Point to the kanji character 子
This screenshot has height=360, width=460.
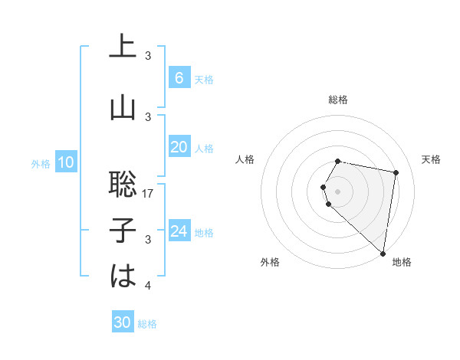[x=123, y=231]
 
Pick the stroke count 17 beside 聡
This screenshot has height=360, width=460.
[x=149, y=194]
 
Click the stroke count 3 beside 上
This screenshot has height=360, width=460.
[x=149, y=56]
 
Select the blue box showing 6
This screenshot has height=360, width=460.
[x=179, y=77]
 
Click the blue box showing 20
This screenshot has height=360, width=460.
[x=179, y=147]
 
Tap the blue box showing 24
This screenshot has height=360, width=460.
[x=179, y=231]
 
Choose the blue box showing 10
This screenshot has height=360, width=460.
[x=65, y=162]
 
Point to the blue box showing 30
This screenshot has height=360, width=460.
[x=123, y=322]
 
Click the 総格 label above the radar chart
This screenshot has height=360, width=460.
[x=338, y=100]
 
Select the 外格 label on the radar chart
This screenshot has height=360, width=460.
[x=270, y=262]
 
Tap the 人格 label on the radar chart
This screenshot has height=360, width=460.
[x=245, y=159]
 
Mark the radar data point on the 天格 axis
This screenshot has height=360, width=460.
[x=396, y=172]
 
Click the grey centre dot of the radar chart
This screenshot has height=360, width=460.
[x=338, y=191]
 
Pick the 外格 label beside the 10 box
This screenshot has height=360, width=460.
[x=40, y=163]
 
